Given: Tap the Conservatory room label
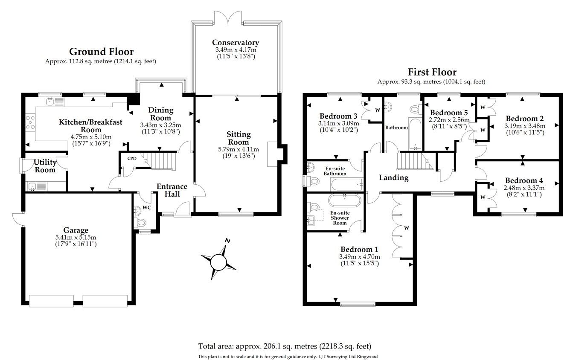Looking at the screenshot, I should (x=236, y=43).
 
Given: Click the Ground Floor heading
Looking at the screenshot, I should (x=101, y=52).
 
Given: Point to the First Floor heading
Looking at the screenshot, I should (x=432, y=72).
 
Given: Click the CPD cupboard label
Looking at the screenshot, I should (x=132, y=158).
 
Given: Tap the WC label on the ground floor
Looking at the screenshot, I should (x=147, y=207).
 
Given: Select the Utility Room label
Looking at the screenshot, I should (x=45, y=166).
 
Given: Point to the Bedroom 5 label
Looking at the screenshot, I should (x=448, y=113).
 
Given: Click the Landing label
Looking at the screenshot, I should (x=393, y=177).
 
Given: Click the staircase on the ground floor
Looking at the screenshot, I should (x=162, y=160).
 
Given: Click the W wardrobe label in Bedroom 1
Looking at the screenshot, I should (x=406, y=228).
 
